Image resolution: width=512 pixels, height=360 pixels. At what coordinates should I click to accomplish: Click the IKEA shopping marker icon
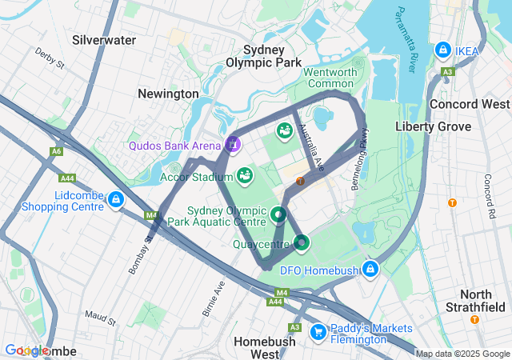(442, 50)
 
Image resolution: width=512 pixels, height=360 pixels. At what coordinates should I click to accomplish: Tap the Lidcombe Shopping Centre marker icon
(117, 199)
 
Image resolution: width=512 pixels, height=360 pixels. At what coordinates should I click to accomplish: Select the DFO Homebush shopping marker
(370, 269)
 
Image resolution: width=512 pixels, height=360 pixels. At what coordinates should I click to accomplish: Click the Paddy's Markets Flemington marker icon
(318, 330)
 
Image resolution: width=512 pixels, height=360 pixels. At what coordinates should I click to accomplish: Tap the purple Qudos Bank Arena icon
(233, 144)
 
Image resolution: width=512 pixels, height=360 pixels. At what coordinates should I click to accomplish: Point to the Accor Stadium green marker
(245, 174)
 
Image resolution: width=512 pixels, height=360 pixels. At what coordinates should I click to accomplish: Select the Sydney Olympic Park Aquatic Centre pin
(278, 214)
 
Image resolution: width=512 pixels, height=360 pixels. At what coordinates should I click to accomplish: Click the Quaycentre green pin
(302, 242)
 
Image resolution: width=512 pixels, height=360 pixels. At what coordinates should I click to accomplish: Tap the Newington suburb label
(168, 94)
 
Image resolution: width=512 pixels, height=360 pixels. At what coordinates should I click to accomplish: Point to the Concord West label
(470, 104)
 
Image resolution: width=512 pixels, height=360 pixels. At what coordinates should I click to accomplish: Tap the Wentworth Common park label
(330, 78)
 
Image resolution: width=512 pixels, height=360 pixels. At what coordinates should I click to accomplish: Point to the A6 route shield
(55, 150)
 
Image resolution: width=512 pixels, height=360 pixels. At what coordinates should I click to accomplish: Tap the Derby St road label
(49, 61)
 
